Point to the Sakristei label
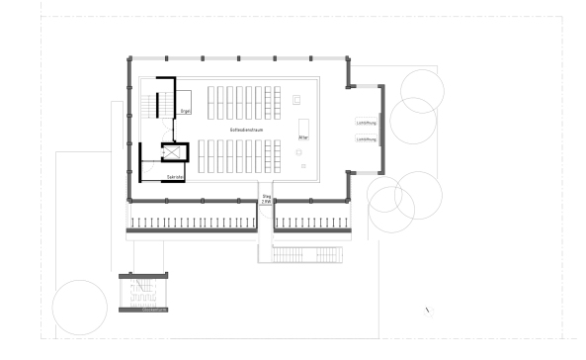(176, 176)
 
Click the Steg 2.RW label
(267, 199)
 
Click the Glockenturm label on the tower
(145, 310)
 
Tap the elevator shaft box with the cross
(174, 152)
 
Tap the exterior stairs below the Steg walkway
(301, 254)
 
